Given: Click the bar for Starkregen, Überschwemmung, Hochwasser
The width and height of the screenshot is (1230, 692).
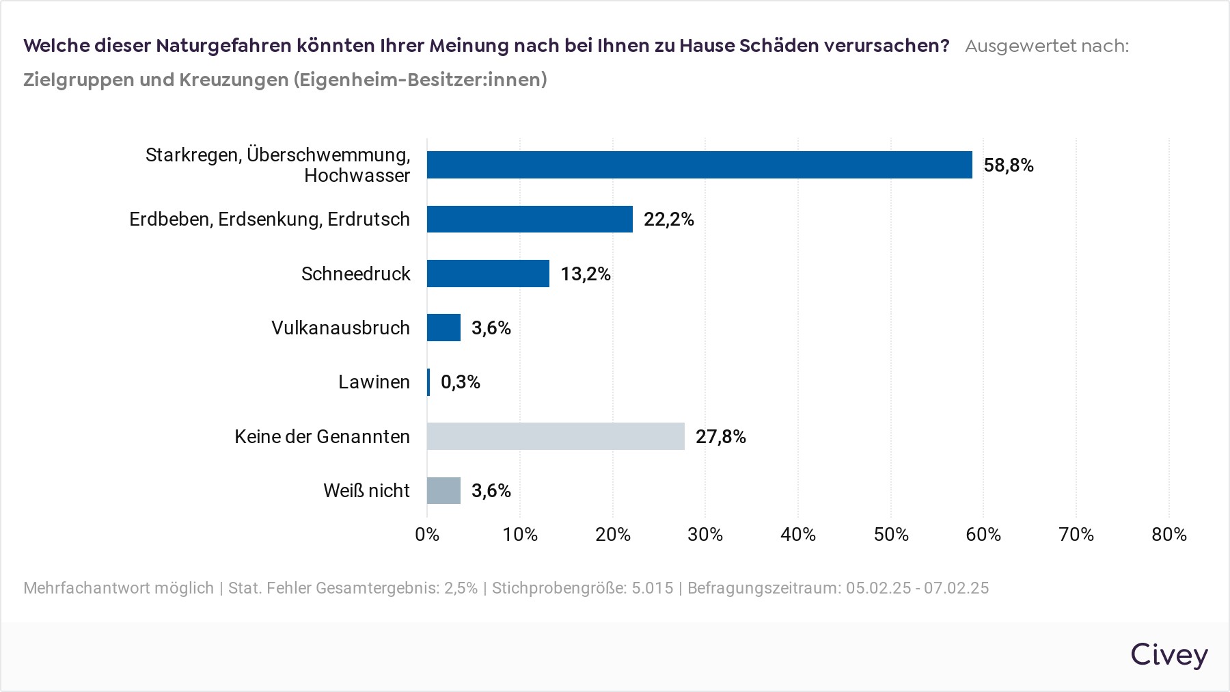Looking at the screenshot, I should (699, 165).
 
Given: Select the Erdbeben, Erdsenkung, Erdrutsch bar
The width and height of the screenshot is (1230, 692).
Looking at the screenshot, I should (530, 219).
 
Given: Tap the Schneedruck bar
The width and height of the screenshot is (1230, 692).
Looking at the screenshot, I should (488, 274).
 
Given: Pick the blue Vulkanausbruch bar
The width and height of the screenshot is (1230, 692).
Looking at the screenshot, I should (443, 328).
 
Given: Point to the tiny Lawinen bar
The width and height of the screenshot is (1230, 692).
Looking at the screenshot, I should (428, 382).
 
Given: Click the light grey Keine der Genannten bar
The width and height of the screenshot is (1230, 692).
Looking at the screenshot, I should (556, 436).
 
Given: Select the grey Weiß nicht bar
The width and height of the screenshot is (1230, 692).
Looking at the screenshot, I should (443, 490).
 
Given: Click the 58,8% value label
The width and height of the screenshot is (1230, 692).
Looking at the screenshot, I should (1009, 165).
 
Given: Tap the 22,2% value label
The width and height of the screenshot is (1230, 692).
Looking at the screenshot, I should (668, 219).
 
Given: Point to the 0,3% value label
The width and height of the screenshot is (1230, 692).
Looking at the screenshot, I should (461, 382).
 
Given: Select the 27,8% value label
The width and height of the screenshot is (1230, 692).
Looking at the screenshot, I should (720, 437).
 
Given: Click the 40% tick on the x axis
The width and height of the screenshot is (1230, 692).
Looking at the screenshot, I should (798, 535).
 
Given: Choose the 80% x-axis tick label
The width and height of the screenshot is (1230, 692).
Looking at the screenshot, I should (1168, 535).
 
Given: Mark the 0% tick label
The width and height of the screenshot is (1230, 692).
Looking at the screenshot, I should (427, 535).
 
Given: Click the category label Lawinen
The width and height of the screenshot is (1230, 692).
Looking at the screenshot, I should (374, 382).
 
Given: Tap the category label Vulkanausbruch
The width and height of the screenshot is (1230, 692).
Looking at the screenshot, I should (340, 328).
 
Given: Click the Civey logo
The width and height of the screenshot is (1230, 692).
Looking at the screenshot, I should (1169, 654).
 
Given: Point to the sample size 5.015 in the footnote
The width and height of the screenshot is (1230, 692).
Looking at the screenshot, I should (652, 588).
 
